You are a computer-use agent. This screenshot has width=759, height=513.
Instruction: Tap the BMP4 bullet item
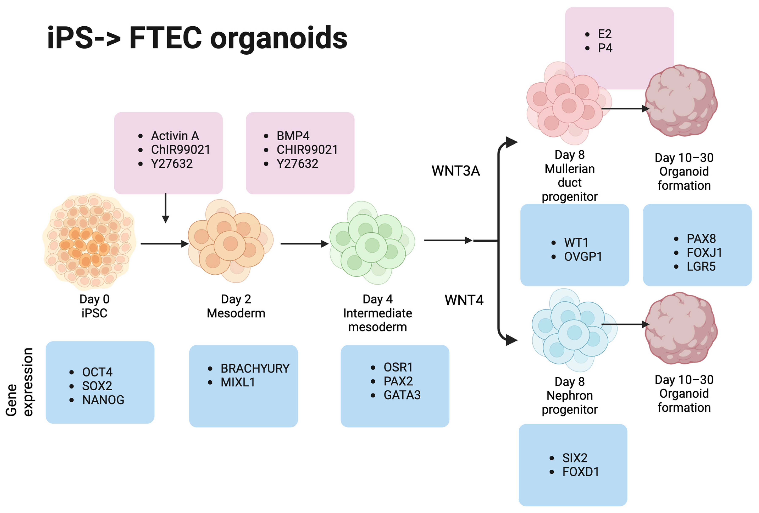click(x=293, y=135)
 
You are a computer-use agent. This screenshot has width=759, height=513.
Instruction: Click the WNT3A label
click(x=456, y=171)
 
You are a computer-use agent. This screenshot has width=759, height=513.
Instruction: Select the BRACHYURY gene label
click(x=255, y=368)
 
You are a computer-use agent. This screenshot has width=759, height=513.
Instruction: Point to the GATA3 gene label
click(x=402, y=395)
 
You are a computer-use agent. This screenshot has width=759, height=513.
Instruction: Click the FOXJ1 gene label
click(x=704, y=252)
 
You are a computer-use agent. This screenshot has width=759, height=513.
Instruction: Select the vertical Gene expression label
click(x=20, y=382)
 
